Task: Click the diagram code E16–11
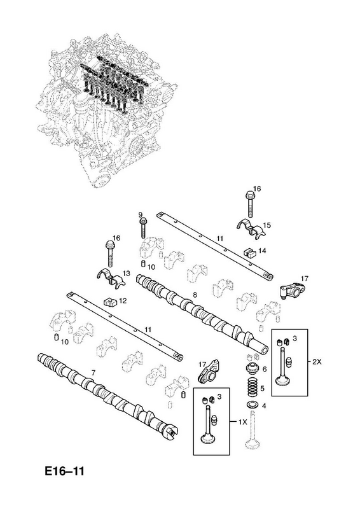[x=64, y=471]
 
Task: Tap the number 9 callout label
[x=141, y=214]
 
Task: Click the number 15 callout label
[x=267, y=225]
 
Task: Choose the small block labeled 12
[x=110, y=303]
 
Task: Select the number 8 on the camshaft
[x=195, y=295]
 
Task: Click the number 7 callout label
[x=93, y=373]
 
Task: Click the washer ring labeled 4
[x=252, y=405]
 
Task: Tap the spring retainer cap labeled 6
[x=252, y=370]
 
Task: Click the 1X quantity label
[x=242, y=422]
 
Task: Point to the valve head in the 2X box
[x=283, y=380]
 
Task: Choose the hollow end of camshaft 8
[x=262, y=349]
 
